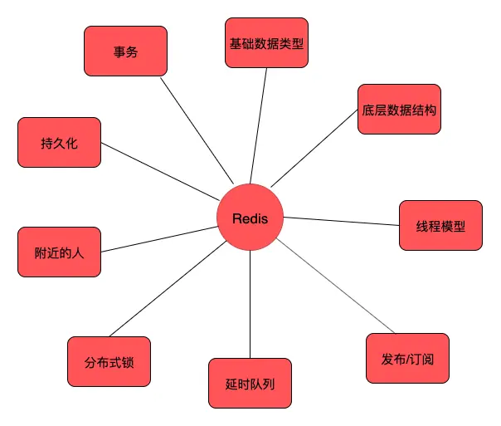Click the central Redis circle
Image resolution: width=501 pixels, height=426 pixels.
click(x=250, y=218)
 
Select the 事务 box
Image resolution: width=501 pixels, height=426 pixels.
click(x=125, y=51)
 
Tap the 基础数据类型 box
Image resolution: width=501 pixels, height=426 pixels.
click(x=267, y=42)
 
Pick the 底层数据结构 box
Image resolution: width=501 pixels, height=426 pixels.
click(x=399, y=109)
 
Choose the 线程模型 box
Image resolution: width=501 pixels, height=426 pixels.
click(x=440, y=225)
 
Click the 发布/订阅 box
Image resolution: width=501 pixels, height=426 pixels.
click(x=407, y=358)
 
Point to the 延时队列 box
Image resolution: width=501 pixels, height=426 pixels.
click(x=250, y=383)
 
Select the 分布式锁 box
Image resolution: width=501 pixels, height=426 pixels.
click(x=109, y=362)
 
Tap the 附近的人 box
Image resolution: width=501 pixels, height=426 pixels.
click(x=59, y=251)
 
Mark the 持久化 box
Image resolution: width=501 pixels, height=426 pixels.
click(x=59, y=142)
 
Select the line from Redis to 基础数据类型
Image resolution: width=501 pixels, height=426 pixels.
click(x=259, y=125)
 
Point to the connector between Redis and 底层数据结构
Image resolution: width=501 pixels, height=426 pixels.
click(x=315, y=149)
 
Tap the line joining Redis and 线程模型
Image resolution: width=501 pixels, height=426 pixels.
click(x=340, y=221)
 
